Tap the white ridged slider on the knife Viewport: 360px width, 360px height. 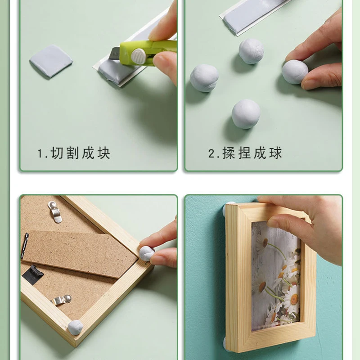pos(138,57)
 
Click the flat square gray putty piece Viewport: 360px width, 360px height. pos(51,61)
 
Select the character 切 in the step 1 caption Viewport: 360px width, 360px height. pos(57,153)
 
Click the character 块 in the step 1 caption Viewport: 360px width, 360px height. pos(104,153)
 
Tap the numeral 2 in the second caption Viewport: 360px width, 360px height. pos(211,153)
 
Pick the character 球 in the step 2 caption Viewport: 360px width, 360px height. pos(275,153)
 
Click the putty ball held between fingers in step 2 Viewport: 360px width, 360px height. pos(295,72)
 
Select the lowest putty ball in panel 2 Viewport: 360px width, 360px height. pos(246,114)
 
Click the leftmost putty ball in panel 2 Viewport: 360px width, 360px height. pos(204,78)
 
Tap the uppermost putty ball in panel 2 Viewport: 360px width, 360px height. pos(251,51)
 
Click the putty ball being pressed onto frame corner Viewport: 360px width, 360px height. pos(147,253)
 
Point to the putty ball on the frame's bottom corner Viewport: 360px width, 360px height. pos(75,328)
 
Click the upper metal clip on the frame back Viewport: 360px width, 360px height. pos(55,211)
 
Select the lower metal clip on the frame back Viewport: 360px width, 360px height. pos(61,300)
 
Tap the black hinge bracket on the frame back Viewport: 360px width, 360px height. pos(33,275)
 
